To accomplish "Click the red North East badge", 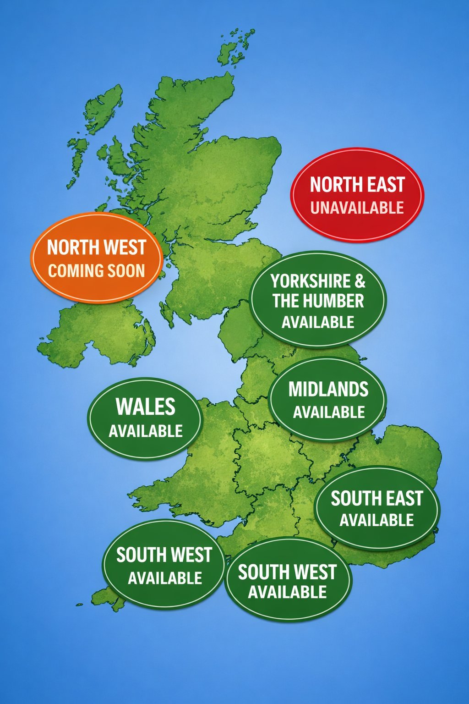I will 357,195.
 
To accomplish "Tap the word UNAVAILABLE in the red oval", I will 357,208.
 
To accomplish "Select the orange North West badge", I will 97,258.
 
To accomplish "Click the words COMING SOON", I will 97,270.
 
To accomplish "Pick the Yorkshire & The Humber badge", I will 318,300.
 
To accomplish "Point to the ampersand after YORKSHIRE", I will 360,281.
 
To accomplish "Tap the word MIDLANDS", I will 328,389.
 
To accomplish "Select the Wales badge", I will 145,418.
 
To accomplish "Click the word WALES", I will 145,407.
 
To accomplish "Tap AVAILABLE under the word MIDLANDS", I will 329,412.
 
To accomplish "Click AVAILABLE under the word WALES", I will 145,431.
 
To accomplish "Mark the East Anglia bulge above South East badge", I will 408,447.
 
